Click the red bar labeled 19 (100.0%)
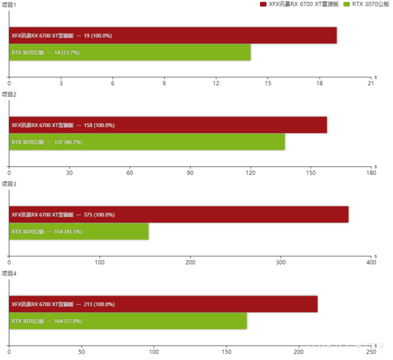pyautogui.click(x=173, y=35)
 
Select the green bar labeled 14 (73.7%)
pyautogui.click(x=130, y=52)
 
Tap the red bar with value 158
pyautogui.click(x=168, y=125)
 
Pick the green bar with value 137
pyautogui.click(x=147, y=142)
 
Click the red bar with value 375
pyautogui.click(x=179, y=214)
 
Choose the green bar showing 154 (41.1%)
pyautogui.click(x=79, y=231)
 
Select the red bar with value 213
pyautogui.click(x=163, y=304)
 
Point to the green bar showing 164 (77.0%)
pyautogui.click(x=128, y=321)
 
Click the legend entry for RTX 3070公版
pyautogui.click(x=368, y=5)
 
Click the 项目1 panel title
pyautogui.click(x=9, y=5)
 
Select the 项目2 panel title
pyautogui.click(x=9, y=94)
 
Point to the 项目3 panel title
pyautogui.click(x=9, y=184)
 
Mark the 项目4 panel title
pyautogui.click(x=9, y=273)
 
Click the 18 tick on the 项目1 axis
pyautogui.click(x=320, y=83)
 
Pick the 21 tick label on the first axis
pyautogui.click(x=371, y=83)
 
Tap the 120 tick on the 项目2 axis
pyautogui.click(x=250, y=172)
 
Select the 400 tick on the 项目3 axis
pyautogui.click(x=371, y=262)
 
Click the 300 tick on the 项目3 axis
pyautogui.click(x=280, y=262)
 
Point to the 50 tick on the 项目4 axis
pyautogui.click(x=81, y=352)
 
